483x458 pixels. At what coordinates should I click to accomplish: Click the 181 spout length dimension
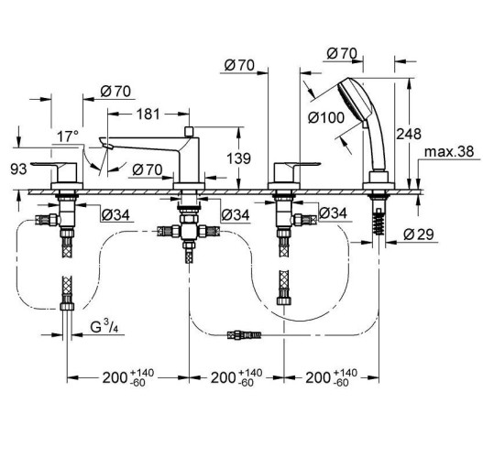[148, 114]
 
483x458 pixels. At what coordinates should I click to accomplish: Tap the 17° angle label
[68, 136]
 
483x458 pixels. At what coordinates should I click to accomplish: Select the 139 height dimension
[238, 158]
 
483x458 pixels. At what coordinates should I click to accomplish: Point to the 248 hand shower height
[409, 134]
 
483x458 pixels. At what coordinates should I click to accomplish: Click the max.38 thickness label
[449, 152]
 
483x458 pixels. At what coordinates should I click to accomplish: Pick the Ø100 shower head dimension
[326, 117]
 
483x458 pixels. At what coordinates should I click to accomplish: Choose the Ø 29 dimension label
[419, 234]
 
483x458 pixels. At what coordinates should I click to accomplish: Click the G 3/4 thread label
[104, 327]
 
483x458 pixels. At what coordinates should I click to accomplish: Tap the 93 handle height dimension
[19, 169]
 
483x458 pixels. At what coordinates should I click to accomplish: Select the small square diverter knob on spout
[188, 131]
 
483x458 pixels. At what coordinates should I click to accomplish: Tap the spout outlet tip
[105, 144]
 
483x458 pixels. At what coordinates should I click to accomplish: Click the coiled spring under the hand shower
[379, 222]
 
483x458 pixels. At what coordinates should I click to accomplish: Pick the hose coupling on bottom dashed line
[244, 335]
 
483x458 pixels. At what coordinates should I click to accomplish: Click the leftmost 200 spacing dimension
[128, 377]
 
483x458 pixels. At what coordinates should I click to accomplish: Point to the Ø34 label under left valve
[115, 215]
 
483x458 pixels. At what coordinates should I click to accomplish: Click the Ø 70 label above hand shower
[342, 54]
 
